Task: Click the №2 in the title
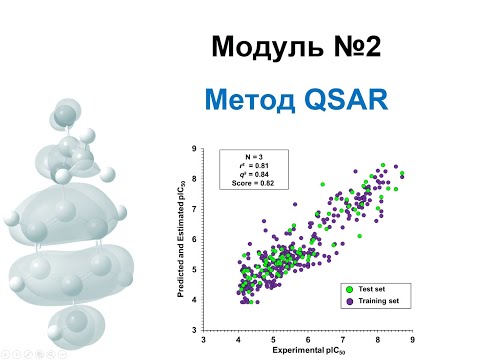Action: pos(346,46)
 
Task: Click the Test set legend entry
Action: pos(369,287)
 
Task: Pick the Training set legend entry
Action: pos(375,299)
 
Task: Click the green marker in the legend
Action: pos(346,287)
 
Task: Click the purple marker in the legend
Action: pos(346,299)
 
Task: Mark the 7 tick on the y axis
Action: pos(194,209)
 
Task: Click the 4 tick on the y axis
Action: pos(194,299)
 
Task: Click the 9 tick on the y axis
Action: pos(194,149)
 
